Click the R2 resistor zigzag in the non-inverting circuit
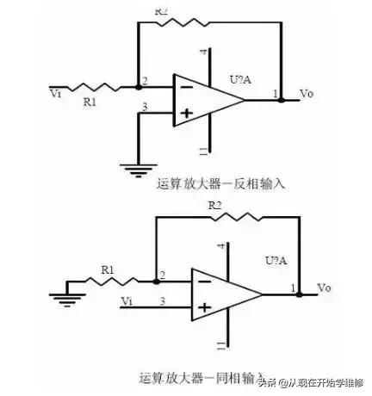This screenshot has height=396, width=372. pos(227,218)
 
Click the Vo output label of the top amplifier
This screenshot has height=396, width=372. pos(306,93)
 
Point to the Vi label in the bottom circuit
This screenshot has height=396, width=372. pos(127,300)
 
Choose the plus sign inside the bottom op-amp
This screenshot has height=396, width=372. pos(203,306)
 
